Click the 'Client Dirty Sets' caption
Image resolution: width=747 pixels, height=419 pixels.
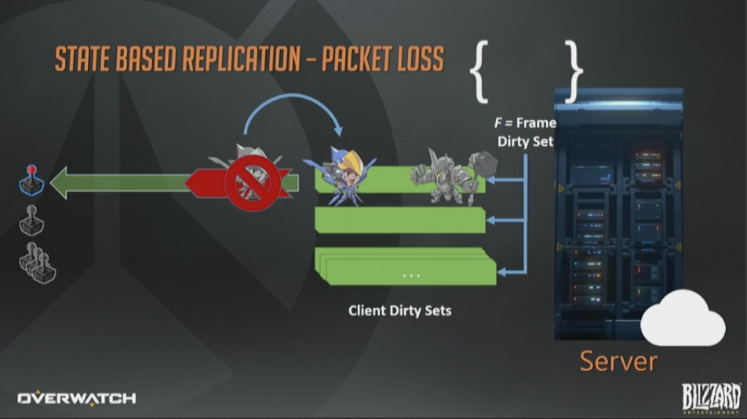pos(400,310)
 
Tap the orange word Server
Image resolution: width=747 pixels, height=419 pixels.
pos(618,361)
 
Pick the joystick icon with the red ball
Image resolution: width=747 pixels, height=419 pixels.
pos(31,180)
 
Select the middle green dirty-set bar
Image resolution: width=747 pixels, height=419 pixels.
pos(400,220)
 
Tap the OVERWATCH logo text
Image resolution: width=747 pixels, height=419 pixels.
pos(77,398)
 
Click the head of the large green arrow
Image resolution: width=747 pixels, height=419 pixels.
pos(67,184)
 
